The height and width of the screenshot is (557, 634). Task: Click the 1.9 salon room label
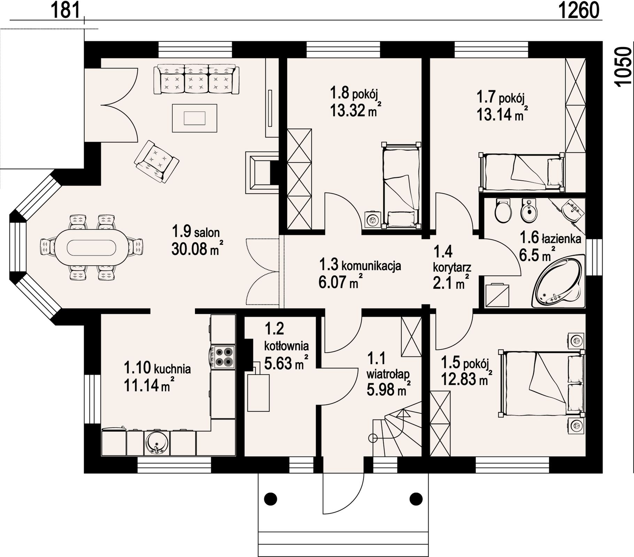(x=196, y=232)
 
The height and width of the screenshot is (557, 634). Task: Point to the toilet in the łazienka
(x=503, y=211)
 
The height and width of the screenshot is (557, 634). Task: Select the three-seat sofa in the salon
(x=196, y=79)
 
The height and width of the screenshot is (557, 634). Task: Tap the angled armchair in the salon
(x=157, y=161)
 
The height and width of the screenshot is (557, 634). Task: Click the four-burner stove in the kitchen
(x=223, y=357)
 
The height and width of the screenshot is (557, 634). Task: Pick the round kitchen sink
(x=157, y=442)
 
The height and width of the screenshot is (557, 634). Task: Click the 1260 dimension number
(x=579, y=10)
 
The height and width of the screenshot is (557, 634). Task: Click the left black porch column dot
(x=271, y=499)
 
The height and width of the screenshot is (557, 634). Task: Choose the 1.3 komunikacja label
(x=360, y=265)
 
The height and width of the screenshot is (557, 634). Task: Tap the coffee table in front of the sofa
(x=195, y=118)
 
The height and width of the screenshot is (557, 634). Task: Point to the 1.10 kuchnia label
(x=157, y=368)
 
